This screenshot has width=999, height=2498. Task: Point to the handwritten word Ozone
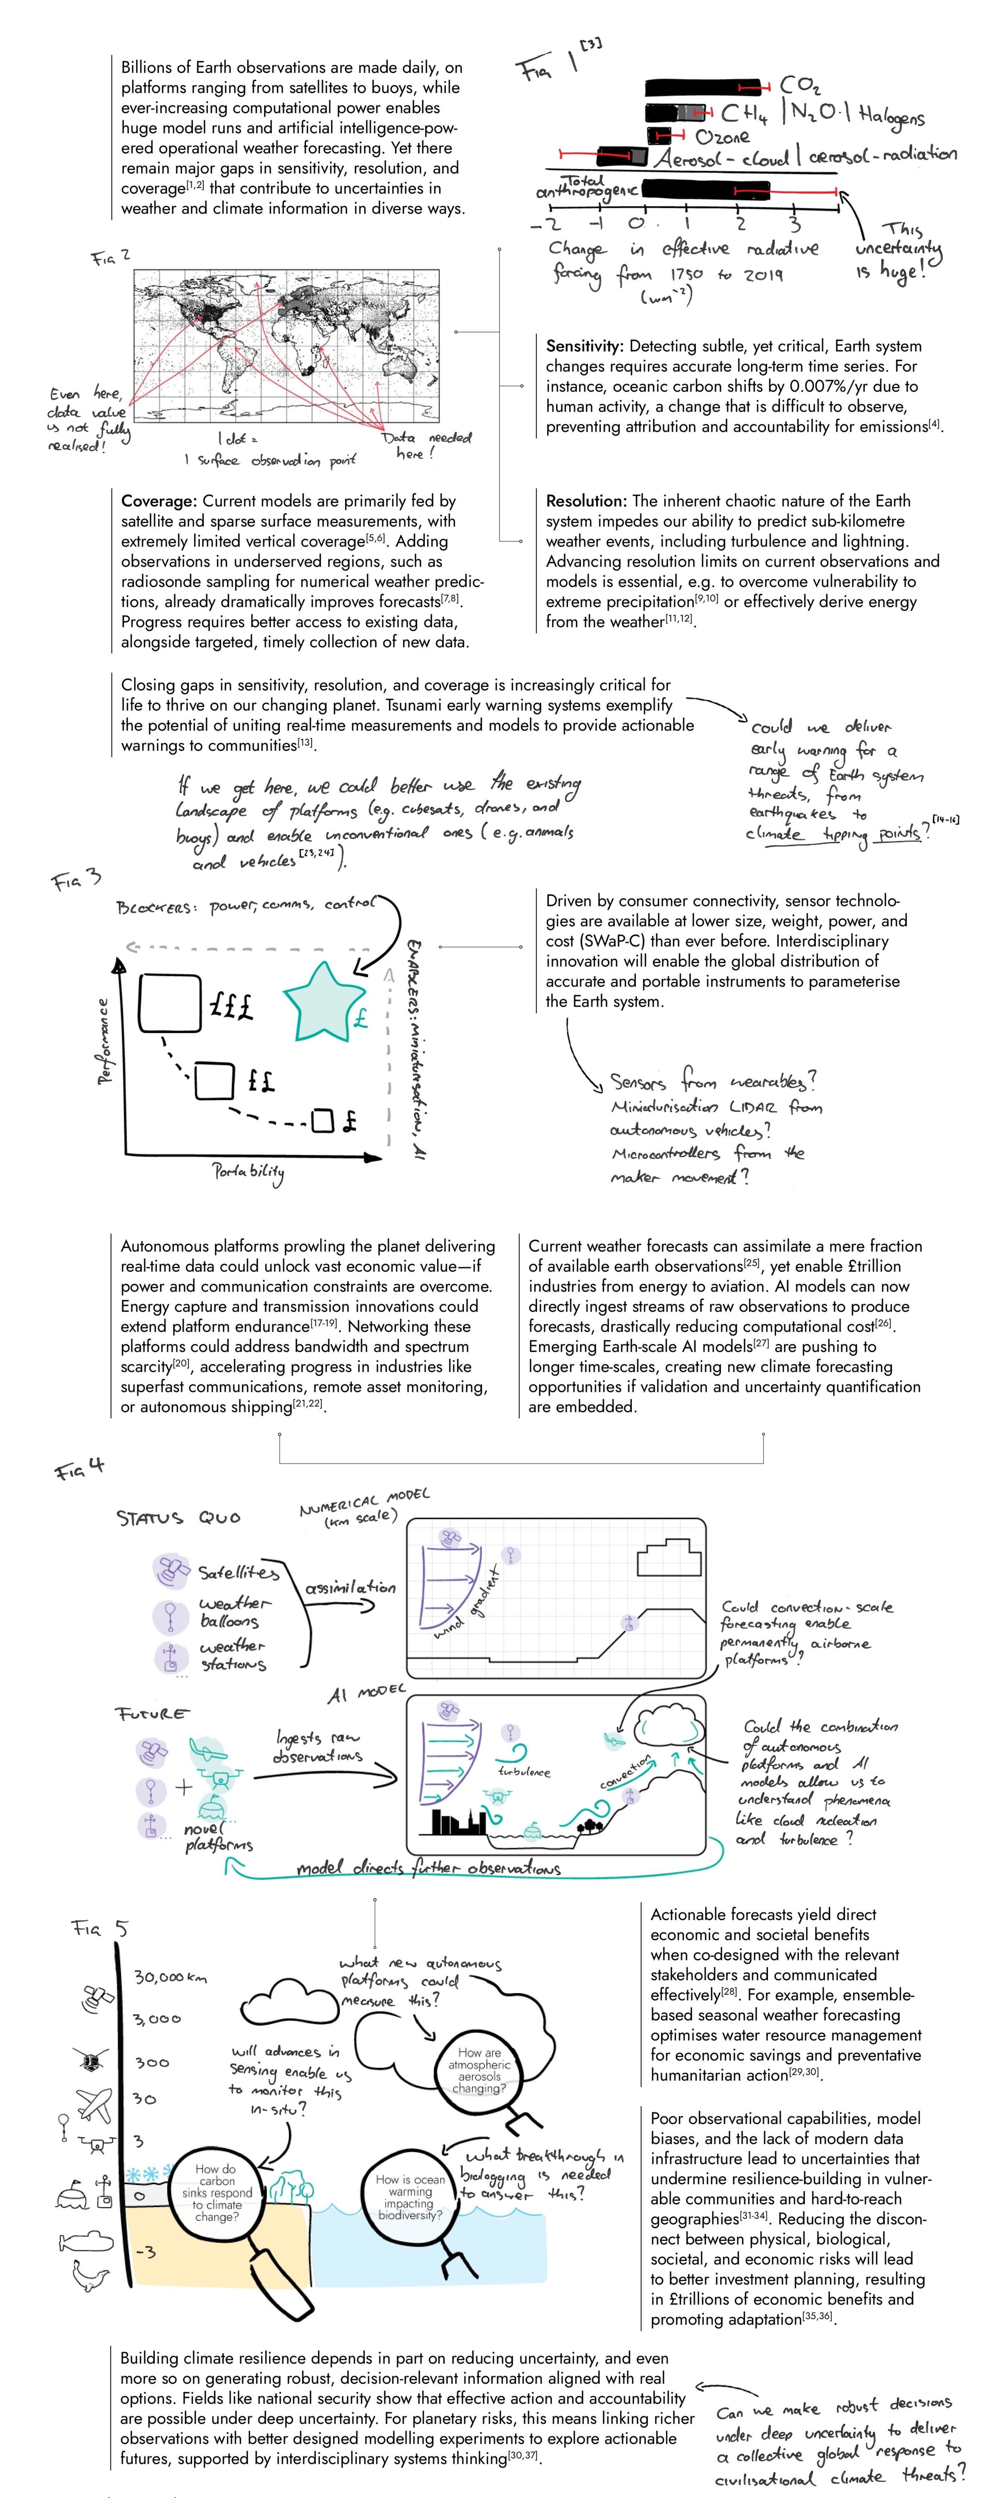coord(723,137)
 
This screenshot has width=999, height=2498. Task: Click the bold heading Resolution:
coord(586,501)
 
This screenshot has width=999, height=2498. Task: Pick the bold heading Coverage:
coord(159,501)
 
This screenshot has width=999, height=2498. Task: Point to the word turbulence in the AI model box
coord(524,1771)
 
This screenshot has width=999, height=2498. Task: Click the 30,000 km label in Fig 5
coord(170,1977)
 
